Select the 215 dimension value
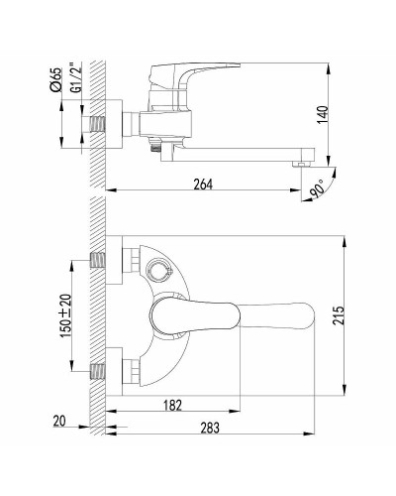click(339, 316)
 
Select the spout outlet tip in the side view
click(302, 156)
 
